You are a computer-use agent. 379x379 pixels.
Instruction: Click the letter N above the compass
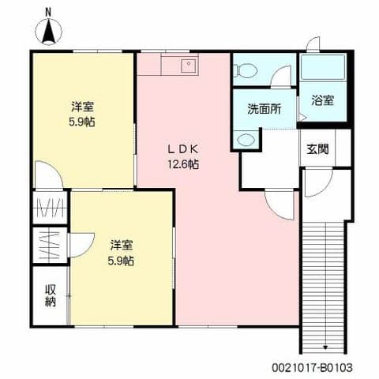tap(48, 11)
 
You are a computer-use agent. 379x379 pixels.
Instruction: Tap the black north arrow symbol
tap(48, 32)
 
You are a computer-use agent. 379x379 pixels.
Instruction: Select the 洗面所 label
tap(264, 108)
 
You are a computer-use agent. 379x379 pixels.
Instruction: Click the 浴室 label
tap(322, 100)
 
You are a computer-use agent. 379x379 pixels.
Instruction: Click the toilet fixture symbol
tap(246, 69)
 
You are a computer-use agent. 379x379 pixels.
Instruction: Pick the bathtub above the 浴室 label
tap(324, 69)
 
